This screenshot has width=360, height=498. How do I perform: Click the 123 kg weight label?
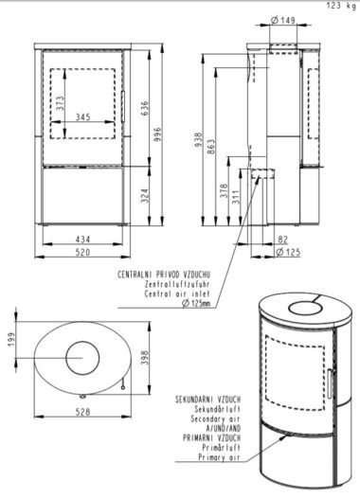(341, 7)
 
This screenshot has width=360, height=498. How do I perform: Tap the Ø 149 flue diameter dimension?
(282, 20)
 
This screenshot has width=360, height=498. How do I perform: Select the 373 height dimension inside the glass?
(60, 103)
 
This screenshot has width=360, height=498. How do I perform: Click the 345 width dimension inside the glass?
(83, 116)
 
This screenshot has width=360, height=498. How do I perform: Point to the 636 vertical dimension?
(144, 109)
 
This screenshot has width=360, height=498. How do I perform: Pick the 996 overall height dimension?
(157, 134)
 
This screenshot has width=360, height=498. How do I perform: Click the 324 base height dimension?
(144, 196)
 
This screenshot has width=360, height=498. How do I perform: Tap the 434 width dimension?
(82, 240)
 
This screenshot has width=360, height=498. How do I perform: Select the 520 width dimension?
(82, 253)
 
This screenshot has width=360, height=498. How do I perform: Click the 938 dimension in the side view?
(198, 140)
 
